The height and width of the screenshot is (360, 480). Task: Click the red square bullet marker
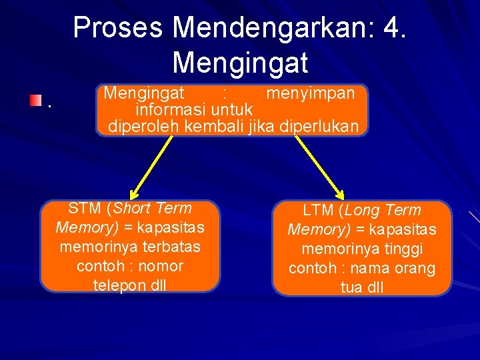click(x=35, y=101)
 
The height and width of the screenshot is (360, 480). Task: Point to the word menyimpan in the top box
click(x=310, y=93)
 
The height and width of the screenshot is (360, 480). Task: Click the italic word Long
click(x=365, y=211)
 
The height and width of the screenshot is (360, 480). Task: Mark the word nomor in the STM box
click(x=161, y=266)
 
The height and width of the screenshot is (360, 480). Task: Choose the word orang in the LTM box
click(x=414, y=269)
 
